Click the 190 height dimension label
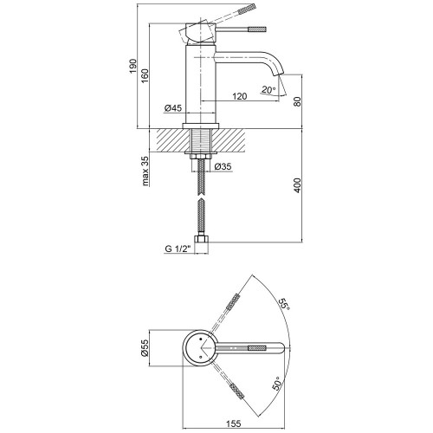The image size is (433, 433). coord(132,66)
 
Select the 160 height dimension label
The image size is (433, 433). coord(145,76)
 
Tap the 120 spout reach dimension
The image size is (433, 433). coord(240,96)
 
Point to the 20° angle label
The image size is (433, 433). coord(268,90)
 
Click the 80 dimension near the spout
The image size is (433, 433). coord(297,101)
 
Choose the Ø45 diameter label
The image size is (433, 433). coord(173,108)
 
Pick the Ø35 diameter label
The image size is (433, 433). coord(223,166)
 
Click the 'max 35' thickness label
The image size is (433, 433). coord(145,171)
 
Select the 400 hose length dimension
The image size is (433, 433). coord(297,185)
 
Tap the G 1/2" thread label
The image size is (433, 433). coord(178,249)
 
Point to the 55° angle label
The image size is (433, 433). coord(283,304)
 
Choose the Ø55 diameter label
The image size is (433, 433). coord(145,348)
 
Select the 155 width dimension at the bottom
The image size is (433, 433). coord(233,423)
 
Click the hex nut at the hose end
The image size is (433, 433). coord(202,240)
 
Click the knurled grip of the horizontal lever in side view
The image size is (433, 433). coord(256,29)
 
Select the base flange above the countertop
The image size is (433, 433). coord(201,126)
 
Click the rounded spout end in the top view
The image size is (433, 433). coord(282,348)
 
